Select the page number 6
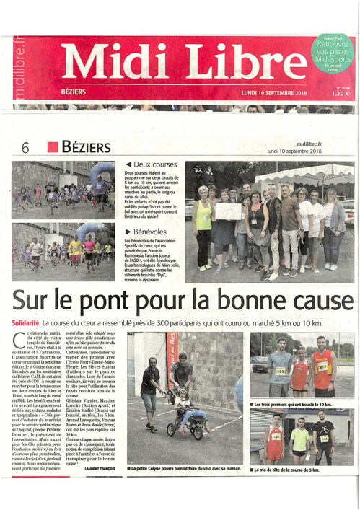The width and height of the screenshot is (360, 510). [x=25, y=149]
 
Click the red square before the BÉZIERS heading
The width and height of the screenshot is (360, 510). [x=52, y=148]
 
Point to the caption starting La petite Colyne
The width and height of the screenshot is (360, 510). [x=183, y=470]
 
